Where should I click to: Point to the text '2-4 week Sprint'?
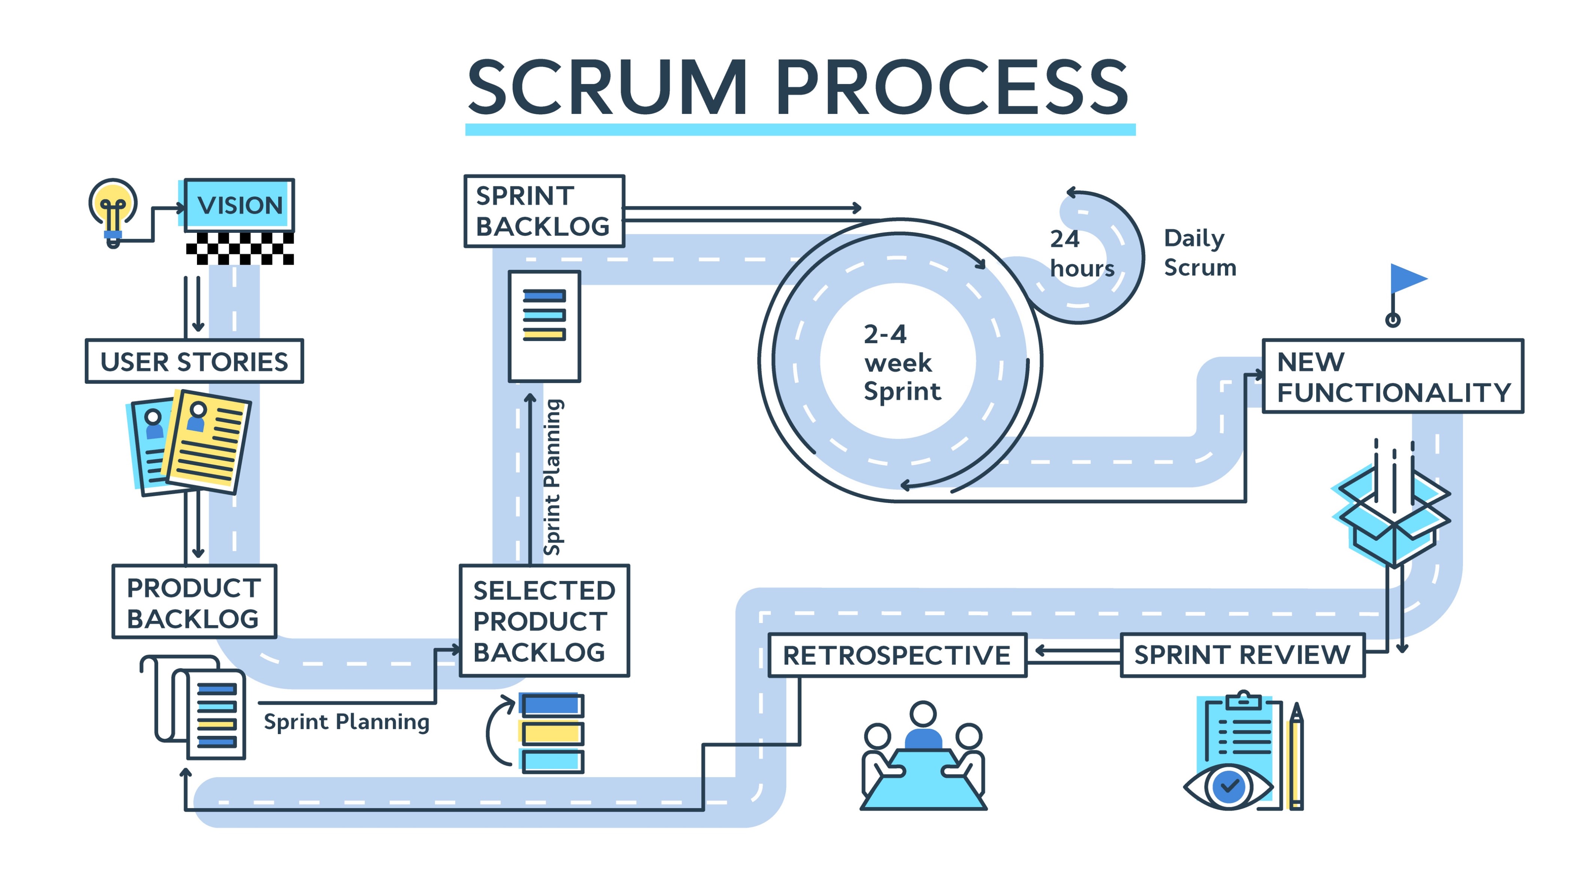pos(901,362)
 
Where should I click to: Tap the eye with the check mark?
pos(1228,786)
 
